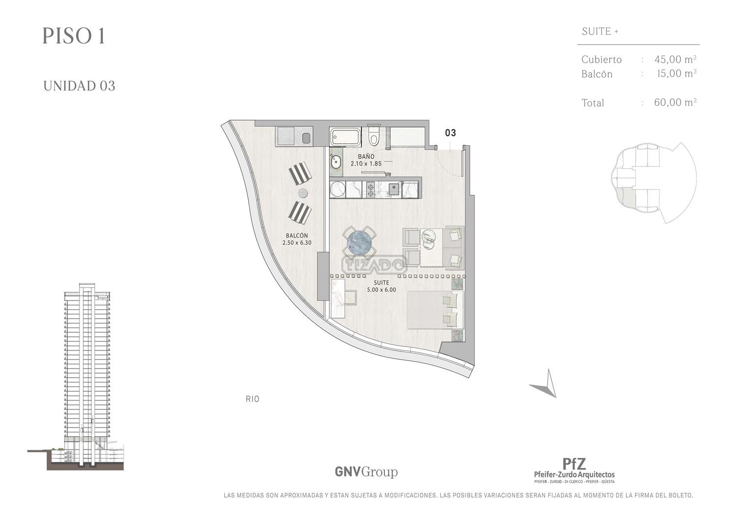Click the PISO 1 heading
[x=74, y=36]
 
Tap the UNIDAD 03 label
[x=79, y=86]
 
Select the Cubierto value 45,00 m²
[x=675, y=59]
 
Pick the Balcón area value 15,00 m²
[x=677, y=73]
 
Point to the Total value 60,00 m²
[x=675, y=102]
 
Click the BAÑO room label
[x=366, y=156]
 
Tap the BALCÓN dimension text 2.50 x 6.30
[x=297, y=242]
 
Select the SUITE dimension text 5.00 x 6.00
[x=381, y=290]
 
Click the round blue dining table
[x=359, y=242]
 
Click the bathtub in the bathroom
[x=345, y=137]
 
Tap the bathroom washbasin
[x=336, y=163]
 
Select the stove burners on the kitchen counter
[x=370, y=190]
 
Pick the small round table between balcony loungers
[x=303, y=193]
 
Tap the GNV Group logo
[x=366, y=472]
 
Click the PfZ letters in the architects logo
[x=574, y=464]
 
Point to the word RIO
[x=253, y=399]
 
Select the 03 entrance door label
[x=450, y=133]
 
